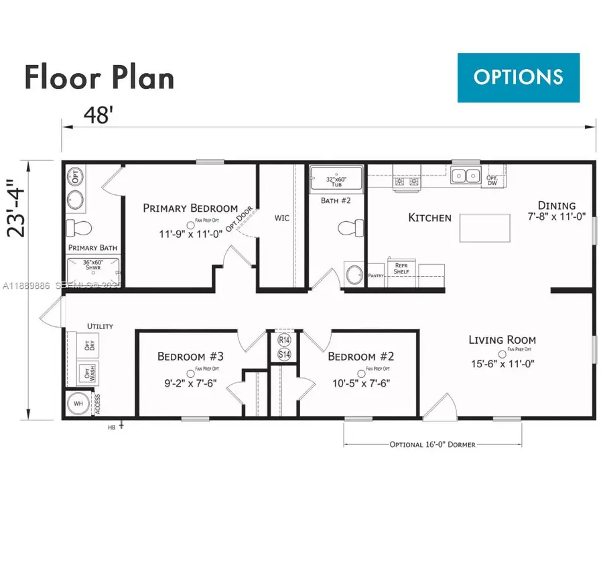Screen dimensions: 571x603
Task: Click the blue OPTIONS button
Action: [x=518, y=76]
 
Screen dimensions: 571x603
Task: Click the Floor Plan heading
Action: [x=99, y=77]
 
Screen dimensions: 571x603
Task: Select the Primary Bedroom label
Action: [x=190, y=208]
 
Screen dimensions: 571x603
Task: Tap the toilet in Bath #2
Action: [x=347, y=229]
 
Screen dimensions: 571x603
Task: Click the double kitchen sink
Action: [x=466, y=176]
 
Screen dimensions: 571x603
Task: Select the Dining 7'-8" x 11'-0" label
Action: [x=556, y=211]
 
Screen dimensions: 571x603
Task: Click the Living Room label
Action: [x=502, y=340]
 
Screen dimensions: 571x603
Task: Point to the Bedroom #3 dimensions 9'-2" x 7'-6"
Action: [x=190, y=383]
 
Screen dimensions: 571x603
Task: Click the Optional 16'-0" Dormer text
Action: [x=433, y=444]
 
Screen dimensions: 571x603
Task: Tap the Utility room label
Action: [x=100, y=326]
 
